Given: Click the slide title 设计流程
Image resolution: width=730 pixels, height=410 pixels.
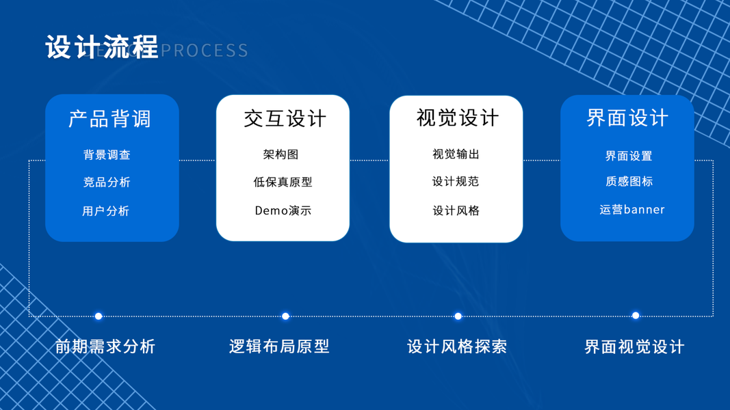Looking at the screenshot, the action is [x=102, y=48].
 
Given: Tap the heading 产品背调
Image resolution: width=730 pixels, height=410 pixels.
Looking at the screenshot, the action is [x=109, y=119].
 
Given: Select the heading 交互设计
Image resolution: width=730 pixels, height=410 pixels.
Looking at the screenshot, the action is [x=285, y=119].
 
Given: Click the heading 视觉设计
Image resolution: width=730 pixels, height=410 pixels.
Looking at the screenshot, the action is [x=457, y=118].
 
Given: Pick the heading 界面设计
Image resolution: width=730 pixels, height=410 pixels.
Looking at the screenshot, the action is [x=627, y=118].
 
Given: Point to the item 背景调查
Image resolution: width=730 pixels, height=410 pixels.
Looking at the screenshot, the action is [x=107, y=155].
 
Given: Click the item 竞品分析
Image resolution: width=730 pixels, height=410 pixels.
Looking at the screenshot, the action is [x=107, y=182].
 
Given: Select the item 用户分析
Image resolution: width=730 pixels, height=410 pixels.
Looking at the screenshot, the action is [x=106, y=211].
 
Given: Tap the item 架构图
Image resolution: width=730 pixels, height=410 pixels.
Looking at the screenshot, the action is [x=281, y=155].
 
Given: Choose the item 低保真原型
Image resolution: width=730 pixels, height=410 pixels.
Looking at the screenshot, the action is [x=283, y=182].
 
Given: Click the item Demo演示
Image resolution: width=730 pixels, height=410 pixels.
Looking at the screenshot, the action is [x=283, y=211].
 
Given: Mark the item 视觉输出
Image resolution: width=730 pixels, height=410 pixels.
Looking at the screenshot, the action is [x=456, y=154].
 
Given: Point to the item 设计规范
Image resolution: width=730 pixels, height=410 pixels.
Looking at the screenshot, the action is [x=456, y=182].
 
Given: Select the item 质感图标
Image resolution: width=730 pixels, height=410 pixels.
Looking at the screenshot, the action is [x=629, y=182].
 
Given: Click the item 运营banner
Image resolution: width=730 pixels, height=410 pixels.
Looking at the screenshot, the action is [x=631, y=210].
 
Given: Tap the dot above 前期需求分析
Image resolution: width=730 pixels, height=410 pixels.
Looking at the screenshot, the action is [x=99, y=316].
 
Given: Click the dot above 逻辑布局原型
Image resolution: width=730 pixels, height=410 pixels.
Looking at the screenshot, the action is [x=285, y=316].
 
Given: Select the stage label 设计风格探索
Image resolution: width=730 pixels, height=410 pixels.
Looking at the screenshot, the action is [x=457, y=346].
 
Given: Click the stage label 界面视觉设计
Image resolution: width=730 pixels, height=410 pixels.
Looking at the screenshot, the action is [x=634, y=347].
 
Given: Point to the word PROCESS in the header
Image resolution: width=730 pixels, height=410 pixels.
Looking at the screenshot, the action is [x=205, y=51].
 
